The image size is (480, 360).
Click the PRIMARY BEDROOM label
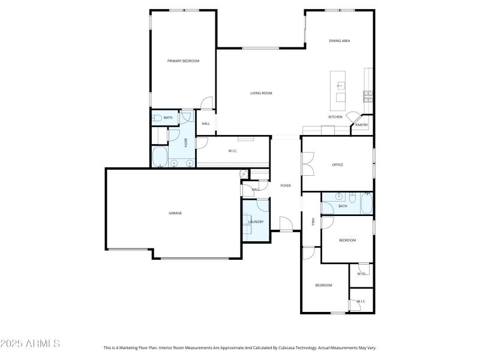point(183,61)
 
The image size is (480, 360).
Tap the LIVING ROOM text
point(261,93)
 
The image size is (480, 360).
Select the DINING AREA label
point(339,41)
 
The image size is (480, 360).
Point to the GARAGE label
point(175,213)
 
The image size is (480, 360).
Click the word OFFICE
point(337,164)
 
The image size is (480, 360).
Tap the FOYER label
point(286,185)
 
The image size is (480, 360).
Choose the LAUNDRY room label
point(256,222)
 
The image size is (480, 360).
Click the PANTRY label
point(362,125)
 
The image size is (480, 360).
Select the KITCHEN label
point(335,117)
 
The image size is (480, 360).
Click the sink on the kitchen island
point(340,86)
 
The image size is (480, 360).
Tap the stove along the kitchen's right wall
point(367,94)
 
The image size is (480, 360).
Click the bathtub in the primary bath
point(160,158)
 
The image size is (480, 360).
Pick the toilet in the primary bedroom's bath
point(156,118)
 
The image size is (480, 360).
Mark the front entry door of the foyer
point(286,225)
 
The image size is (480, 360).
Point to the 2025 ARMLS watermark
point(30,344)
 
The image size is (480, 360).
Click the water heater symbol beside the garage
point(244,174)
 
